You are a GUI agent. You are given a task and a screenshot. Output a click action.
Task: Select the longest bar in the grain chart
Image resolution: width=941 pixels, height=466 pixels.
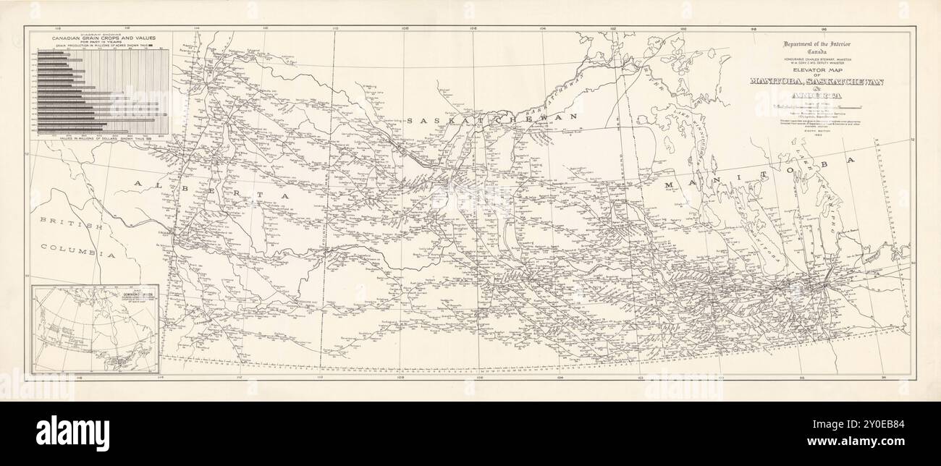tap(101, 114)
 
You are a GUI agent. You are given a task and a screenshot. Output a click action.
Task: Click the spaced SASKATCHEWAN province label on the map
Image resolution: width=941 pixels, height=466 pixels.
tap(493, 118)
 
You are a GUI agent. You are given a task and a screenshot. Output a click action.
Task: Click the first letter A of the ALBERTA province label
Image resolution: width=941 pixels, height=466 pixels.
tap(138, 186)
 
